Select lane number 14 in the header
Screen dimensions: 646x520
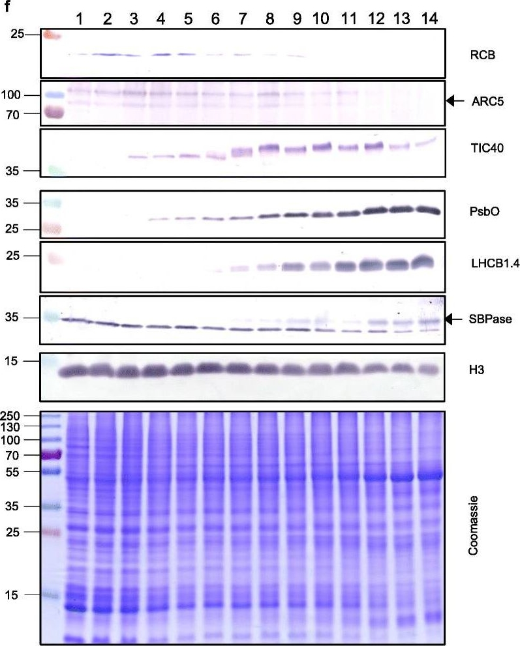(x=428, y=17)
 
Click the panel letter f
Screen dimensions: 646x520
(x=5, y=5)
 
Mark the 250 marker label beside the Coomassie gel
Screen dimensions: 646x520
(x=30, y=415)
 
